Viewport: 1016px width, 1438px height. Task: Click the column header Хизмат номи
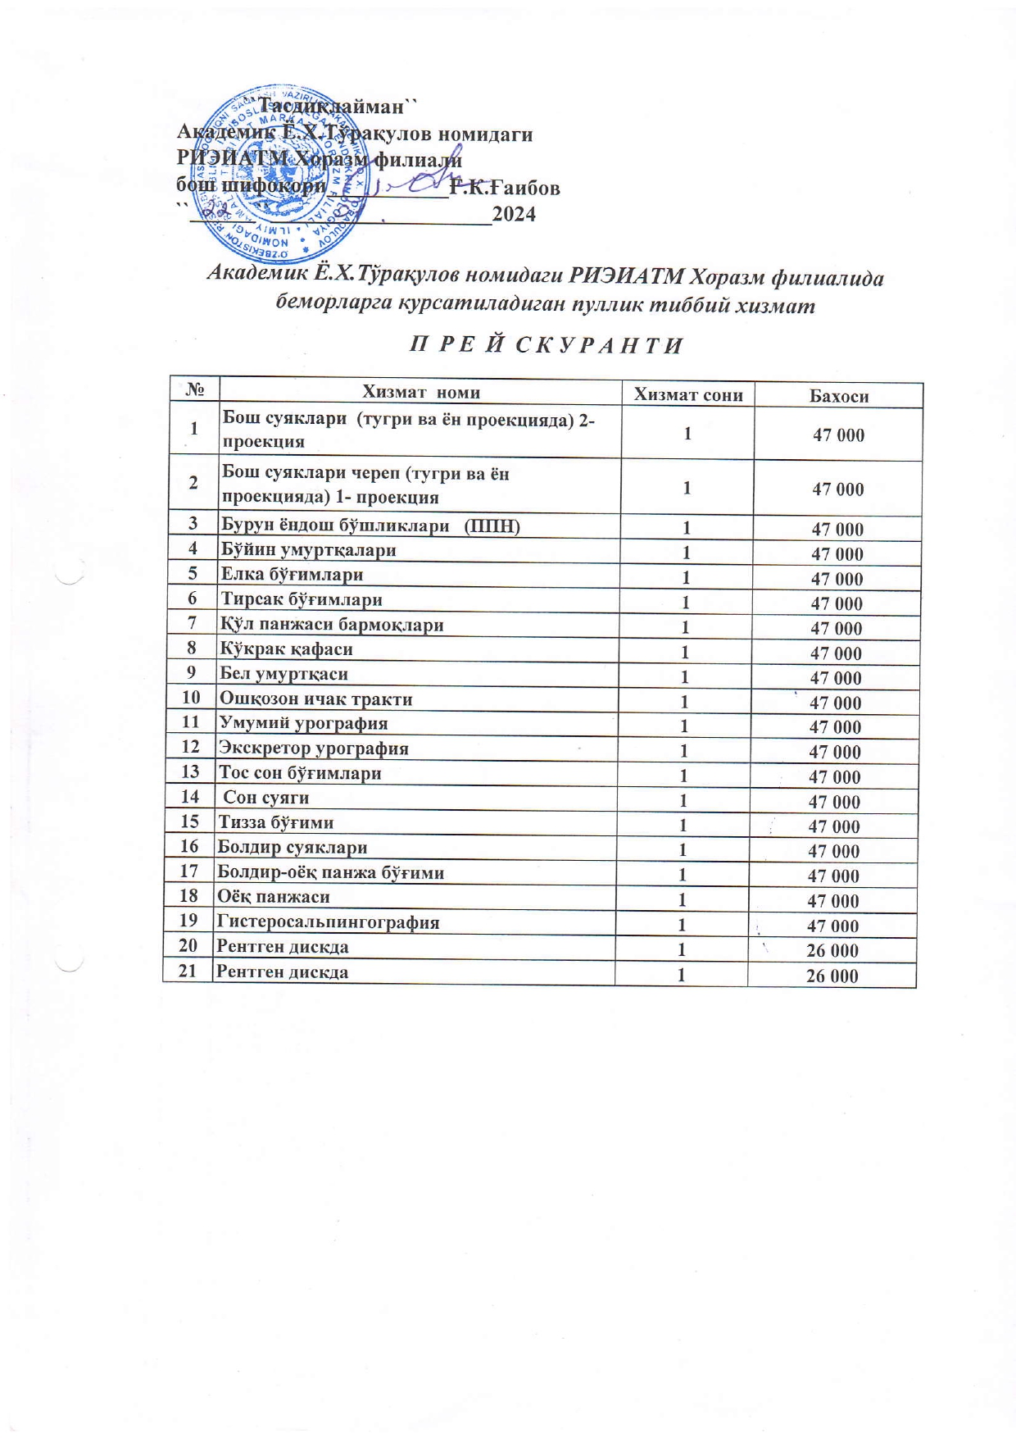tap(421, 392)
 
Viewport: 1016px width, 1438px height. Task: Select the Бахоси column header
tap(838, 396)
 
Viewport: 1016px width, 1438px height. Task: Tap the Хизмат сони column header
tap(688, 394)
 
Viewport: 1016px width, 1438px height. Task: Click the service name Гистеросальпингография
tap(328, 922)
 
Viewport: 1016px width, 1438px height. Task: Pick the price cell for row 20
tap(832, 950)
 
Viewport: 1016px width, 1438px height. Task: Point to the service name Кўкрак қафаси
tap(287, 649)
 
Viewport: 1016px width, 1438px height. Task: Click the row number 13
tap(190, 771)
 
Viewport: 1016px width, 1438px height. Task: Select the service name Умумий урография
tap(303, 723)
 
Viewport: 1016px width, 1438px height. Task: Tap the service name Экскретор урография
tap(313, 748)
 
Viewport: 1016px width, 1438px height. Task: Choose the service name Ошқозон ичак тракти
tap(315, 699)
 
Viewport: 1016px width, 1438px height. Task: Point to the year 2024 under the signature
tap(514, 215)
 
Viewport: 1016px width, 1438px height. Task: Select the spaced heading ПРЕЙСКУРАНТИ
tap(546, 345)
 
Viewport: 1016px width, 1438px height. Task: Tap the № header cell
tap(195, 390)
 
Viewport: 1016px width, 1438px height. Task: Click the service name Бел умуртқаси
tap(283, 674)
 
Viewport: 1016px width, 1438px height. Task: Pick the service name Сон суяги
tap(266, 797)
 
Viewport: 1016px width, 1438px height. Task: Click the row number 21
tap(188, 972)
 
